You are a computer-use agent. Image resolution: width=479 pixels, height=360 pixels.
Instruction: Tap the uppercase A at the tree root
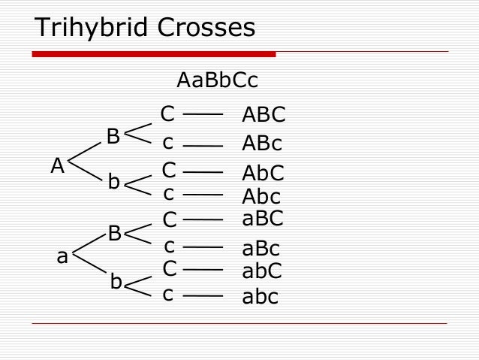(57, 166)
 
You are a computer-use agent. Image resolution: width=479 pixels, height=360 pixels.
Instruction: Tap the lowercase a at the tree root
(62, 257)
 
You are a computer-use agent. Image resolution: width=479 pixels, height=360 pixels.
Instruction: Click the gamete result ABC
(264, 115)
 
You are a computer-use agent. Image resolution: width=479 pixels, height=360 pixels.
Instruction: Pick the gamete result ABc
(262, 144)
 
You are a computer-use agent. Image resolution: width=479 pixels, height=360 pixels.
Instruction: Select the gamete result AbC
(263, 174)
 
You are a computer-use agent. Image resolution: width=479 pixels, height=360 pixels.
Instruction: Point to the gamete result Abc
(261, 197)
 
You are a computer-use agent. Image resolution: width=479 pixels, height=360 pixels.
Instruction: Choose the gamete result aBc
(261, 249)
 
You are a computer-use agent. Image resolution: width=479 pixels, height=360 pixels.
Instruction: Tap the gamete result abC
(262, 271)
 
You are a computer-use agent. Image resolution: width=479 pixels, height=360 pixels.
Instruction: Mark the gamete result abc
(260, 297)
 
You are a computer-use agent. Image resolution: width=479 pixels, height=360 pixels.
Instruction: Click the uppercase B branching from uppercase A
(113, 137)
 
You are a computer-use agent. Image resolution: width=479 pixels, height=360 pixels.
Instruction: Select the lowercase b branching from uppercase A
(113, 182)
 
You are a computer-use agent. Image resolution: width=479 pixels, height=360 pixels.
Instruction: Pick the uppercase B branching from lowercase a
(115, 233)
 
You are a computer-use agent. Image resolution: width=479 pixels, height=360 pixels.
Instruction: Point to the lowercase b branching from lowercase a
(116, 282)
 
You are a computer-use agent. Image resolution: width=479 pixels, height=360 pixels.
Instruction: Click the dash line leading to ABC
(203, 115)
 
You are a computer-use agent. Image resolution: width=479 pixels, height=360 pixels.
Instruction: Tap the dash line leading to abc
(203, 295)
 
